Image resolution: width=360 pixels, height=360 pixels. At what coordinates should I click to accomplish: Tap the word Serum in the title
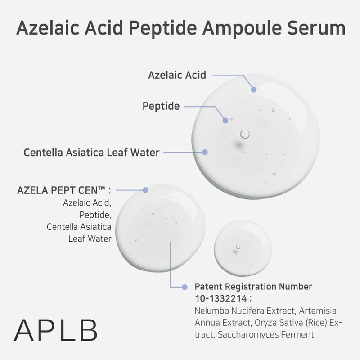pyautogui.click(x=316, y=28)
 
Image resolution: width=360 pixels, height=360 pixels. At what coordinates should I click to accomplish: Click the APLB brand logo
pyautogui.click(x=56, y=330)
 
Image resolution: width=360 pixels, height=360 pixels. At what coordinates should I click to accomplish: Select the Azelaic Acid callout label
pyautogui.click(x=177, y=75)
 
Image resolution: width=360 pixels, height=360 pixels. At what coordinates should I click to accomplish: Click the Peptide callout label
pyautogui.click(x=161, y=106)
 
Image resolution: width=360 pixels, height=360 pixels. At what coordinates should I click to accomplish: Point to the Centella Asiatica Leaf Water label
pyautogui.click(x=91, y=153)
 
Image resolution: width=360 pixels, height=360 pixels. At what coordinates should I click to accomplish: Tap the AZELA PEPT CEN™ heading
pyautogui.click(x=64, y=190)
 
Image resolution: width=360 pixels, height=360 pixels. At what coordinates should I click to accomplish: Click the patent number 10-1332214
pyautogui.click(x=221, y=298)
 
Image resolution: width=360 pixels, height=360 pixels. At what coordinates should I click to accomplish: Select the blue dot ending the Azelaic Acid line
pyautogui.click(x=254, y=90)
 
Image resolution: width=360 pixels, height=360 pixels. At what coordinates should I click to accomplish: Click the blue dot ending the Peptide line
pyautogui.click(x=225, y=120)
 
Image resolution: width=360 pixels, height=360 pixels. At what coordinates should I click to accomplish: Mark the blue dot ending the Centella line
pyautogui.click(x=205, y=152)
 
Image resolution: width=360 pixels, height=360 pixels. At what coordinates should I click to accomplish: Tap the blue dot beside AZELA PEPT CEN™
pyautogui.click(x=145, y=190)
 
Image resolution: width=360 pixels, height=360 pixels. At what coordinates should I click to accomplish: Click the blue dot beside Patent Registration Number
pyautogui.click(x=184, y=287)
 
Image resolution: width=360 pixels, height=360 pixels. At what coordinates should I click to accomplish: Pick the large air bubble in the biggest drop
pyautogui.click(x=245, y=134)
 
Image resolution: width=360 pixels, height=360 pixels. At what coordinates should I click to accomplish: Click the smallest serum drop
pyautogui.click(x=243, y=248)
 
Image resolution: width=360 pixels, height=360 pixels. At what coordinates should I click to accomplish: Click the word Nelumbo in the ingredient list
pyautogui.click(x=211, y=310)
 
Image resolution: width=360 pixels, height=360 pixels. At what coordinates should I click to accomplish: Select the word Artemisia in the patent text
pyautogui.click(x=318, y=310)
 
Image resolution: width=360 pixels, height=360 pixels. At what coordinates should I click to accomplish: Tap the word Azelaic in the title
pyautogui.click(x=48, y=28)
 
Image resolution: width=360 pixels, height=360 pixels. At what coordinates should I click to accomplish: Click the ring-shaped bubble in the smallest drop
pyautogui.click(x=238, y=247)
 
